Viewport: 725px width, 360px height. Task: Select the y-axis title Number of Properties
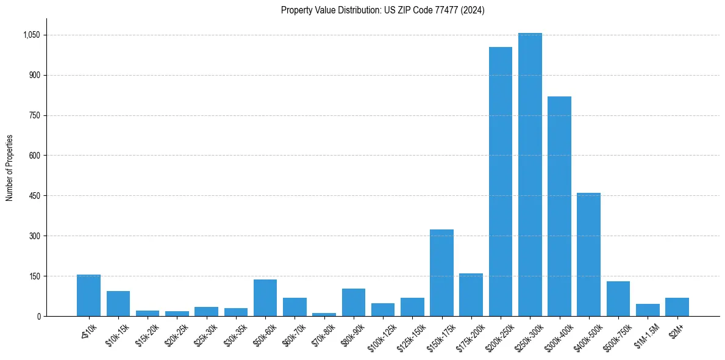(x=10, y=168)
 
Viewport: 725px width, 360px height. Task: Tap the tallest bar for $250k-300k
(x=530, y=175)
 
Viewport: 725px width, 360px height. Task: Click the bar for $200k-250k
(x=501, y=181)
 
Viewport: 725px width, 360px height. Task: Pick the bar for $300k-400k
(x=559, y=206)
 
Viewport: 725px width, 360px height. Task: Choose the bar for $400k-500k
(x=588, y=254)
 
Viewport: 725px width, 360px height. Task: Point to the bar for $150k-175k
(x=441, y=273)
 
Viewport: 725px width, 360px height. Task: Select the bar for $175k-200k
(x=471, y=295)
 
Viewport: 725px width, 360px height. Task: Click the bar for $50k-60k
(x=265, y=298)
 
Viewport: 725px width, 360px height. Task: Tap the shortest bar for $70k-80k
(x=324, y=314)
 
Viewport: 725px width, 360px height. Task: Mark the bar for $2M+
(x=677, y=307)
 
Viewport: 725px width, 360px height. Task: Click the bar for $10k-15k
(x=118, y=304)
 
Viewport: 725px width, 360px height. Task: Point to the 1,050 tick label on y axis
(x=31, y=35)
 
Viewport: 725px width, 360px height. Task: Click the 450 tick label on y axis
(x=34, y=196)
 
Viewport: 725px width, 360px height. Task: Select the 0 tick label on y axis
(x=38, y=316)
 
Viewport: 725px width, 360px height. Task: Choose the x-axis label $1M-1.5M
(x=646, y=334)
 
